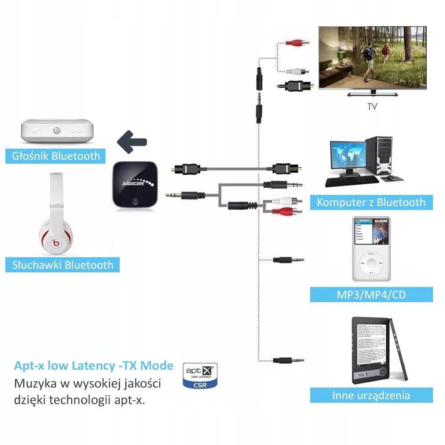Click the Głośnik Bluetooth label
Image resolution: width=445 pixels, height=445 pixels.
[56, 156]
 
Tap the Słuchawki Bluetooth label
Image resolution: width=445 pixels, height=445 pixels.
[63, 265]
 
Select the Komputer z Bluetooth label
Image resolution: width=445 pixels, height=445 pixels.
[371, 202]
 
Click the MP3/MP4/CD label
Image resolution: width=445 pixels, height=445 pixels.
[371, 294]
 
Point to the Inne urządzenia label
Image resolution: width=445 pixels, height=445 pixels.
[371, 395]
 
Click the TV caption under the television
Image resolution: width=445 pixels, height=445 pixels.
[372, 107]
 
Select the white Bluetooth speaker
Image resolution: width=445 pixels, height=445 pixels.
[58, 130]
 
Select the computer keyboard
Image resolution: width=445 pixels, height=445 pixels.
[352, 182]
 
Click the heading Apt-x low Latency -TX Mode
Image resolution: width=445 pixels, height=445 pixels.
[94, 366]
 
